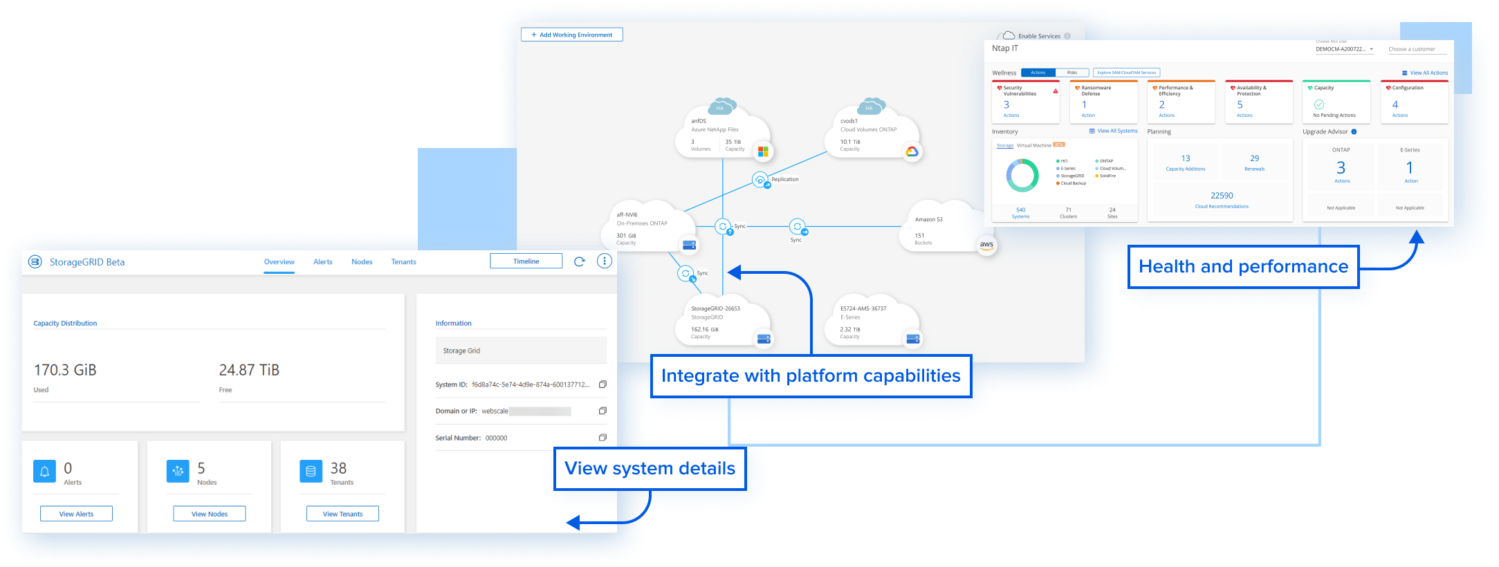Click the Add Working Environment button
[571, 35]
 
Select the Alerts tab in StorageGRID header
[322, 262]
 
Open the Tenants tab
[403, 262]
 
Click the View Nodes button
[209, 514]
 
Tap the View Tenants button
[342, 514]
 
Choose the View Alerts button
[76, 514]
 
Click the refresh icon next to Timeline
[580, 261]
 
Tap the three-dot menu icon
[605, 261]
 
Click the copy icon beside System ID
[603, 384]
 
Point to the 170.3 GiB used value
[65, 370]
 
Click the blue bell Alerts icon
[44, 471]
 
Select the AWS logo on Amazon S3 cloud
[986, 245]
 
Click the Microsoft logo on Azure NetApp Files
[763, 151]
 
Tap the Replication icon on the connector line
[760, 180]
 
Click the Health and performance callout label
[1243, 267]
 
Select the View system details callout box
[650, 469]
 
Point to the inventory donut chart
[1022, 176]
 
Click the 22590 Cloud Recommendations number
[1222, 196]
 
